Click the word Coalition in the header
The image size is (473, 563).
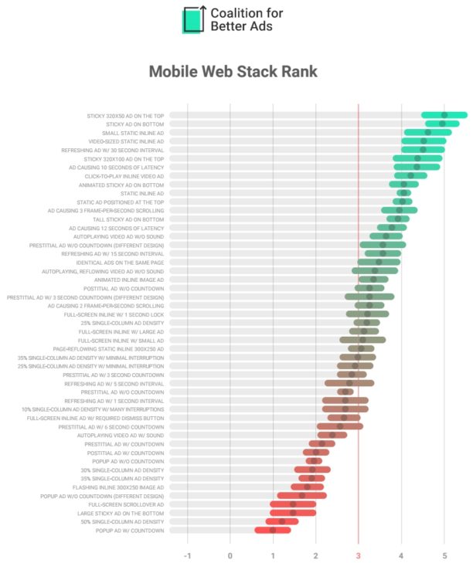(236, 13)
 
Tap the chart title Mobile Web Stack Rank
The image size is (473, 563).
(233, 72)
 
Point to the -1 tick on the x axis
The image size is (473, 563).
(187, 556)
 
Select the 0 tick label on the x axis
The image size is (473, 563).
(230, 556)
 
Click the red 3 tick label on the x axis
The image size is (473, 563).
(358, 556)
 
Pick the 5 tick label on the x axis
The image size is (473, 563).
(444, 556)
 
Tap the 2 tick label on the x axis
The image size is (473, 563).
(315, 556)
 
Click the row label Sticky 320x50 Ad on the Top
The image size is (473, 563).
(125, 116)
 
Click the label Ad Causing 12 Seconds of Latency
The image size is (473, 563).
(116, 228)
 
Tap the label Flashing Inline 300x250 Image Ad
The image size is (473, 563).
(117, 487)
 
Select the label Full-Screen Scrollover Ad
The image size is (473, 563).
(126, 504)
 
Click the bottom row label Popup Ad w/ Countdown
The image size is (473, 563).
(130, 531)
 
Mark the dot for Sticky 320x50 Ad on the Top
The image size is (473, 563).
(444, 115)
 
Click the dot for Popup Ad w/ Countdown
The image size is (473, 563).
(273, 531)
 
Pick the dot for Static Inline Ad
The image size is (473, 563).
(403, 193)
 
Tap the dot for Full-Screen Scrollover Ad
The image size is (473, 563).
(293, 504)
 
